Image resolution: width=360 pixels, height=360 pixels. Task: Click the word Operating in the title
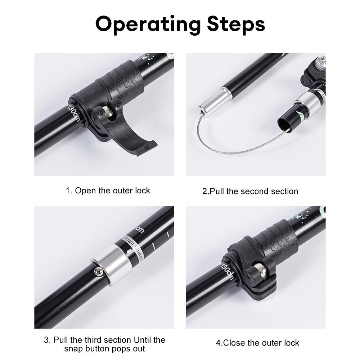[148, 24]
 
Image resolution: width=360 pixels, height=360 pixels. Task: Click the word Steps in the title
[236, 24]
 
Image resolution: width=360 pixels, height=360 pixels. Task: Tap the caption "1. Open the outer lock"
[108, 190]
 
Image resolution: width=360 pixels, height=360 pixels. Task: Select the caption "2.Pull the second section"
[250, 191]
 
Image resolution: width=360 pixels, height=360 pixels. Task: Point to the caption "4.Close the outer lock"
[257, 343]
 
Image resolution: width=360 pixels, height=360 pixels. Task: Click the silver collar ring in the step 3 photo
[112, 264]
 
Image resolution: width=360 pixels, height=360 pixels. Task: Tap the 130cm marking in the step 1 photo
[73, 112]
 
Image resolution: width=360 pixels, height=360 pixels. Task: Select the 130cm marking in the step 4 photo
[227, 271]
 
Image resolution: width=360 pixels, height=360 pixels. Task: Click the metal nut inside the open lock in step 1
[107, 111]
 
